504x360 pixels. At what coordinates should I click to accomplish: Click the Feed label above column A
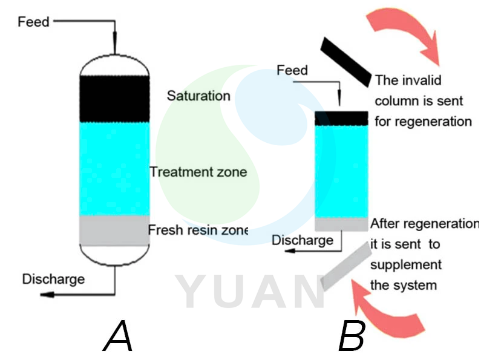coord(33,22)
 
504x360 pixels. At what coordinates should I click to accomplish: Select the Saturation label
coord(198,96)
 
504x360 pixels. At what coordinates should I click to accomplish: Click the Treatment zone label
coord(198,172)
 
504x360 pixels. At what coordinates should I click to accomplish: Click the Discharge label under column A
coord(53,279)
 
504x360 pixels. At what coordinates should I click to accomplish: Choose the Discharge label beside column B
coord(302,240)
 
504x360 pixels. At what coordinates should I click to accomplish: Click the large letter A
coord(119,336)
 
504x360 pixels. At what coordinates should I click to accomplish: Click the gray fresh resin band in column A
coord(114,230)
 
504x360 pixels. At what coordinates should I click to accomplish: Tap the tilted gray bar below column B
coord(345,266)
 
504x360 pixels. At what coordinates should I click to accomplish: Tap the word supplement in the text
coord(405,265)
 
